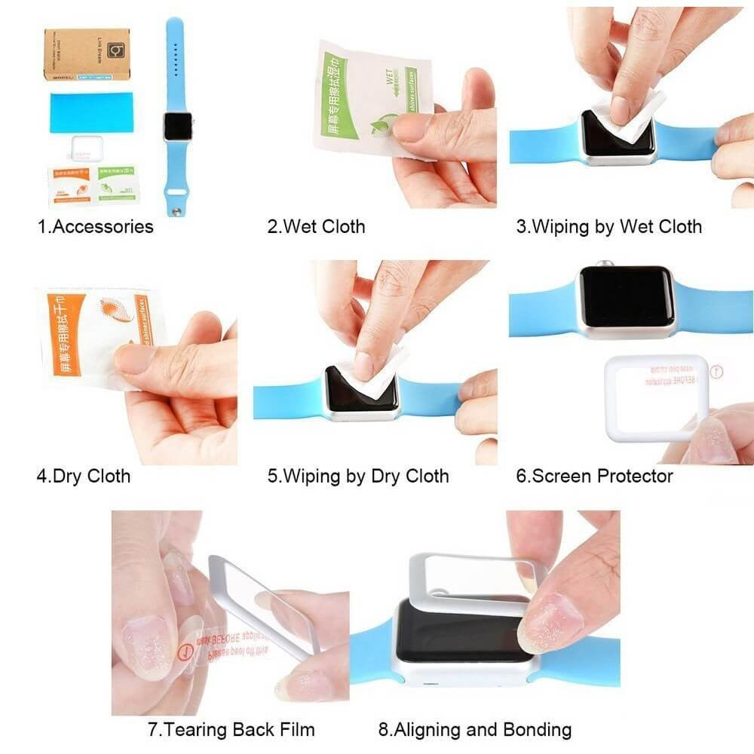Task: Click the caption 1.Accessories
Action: (x=96, y=226)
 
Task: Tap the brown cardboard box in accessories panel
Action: (x=86, y=54)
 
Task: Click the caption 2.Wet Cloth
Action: (x=316, y=226)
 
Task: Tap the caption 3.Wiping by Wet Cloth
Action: (x=608, y=226)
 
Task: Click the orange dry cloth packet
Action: (x=94, y=332)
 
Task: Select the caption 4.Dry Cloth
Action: (x=84, y=476)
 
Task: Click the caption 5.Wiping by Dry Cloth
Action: (x=358, y=476)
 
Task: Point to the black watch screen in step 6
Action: (x=626, y=296)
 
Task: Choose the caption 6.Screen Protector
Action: (x=594, y=476)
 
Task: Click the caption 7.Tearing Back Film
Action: (x=231, y=730)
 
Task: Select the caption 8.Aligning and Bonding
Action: (x=475, y=730)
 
